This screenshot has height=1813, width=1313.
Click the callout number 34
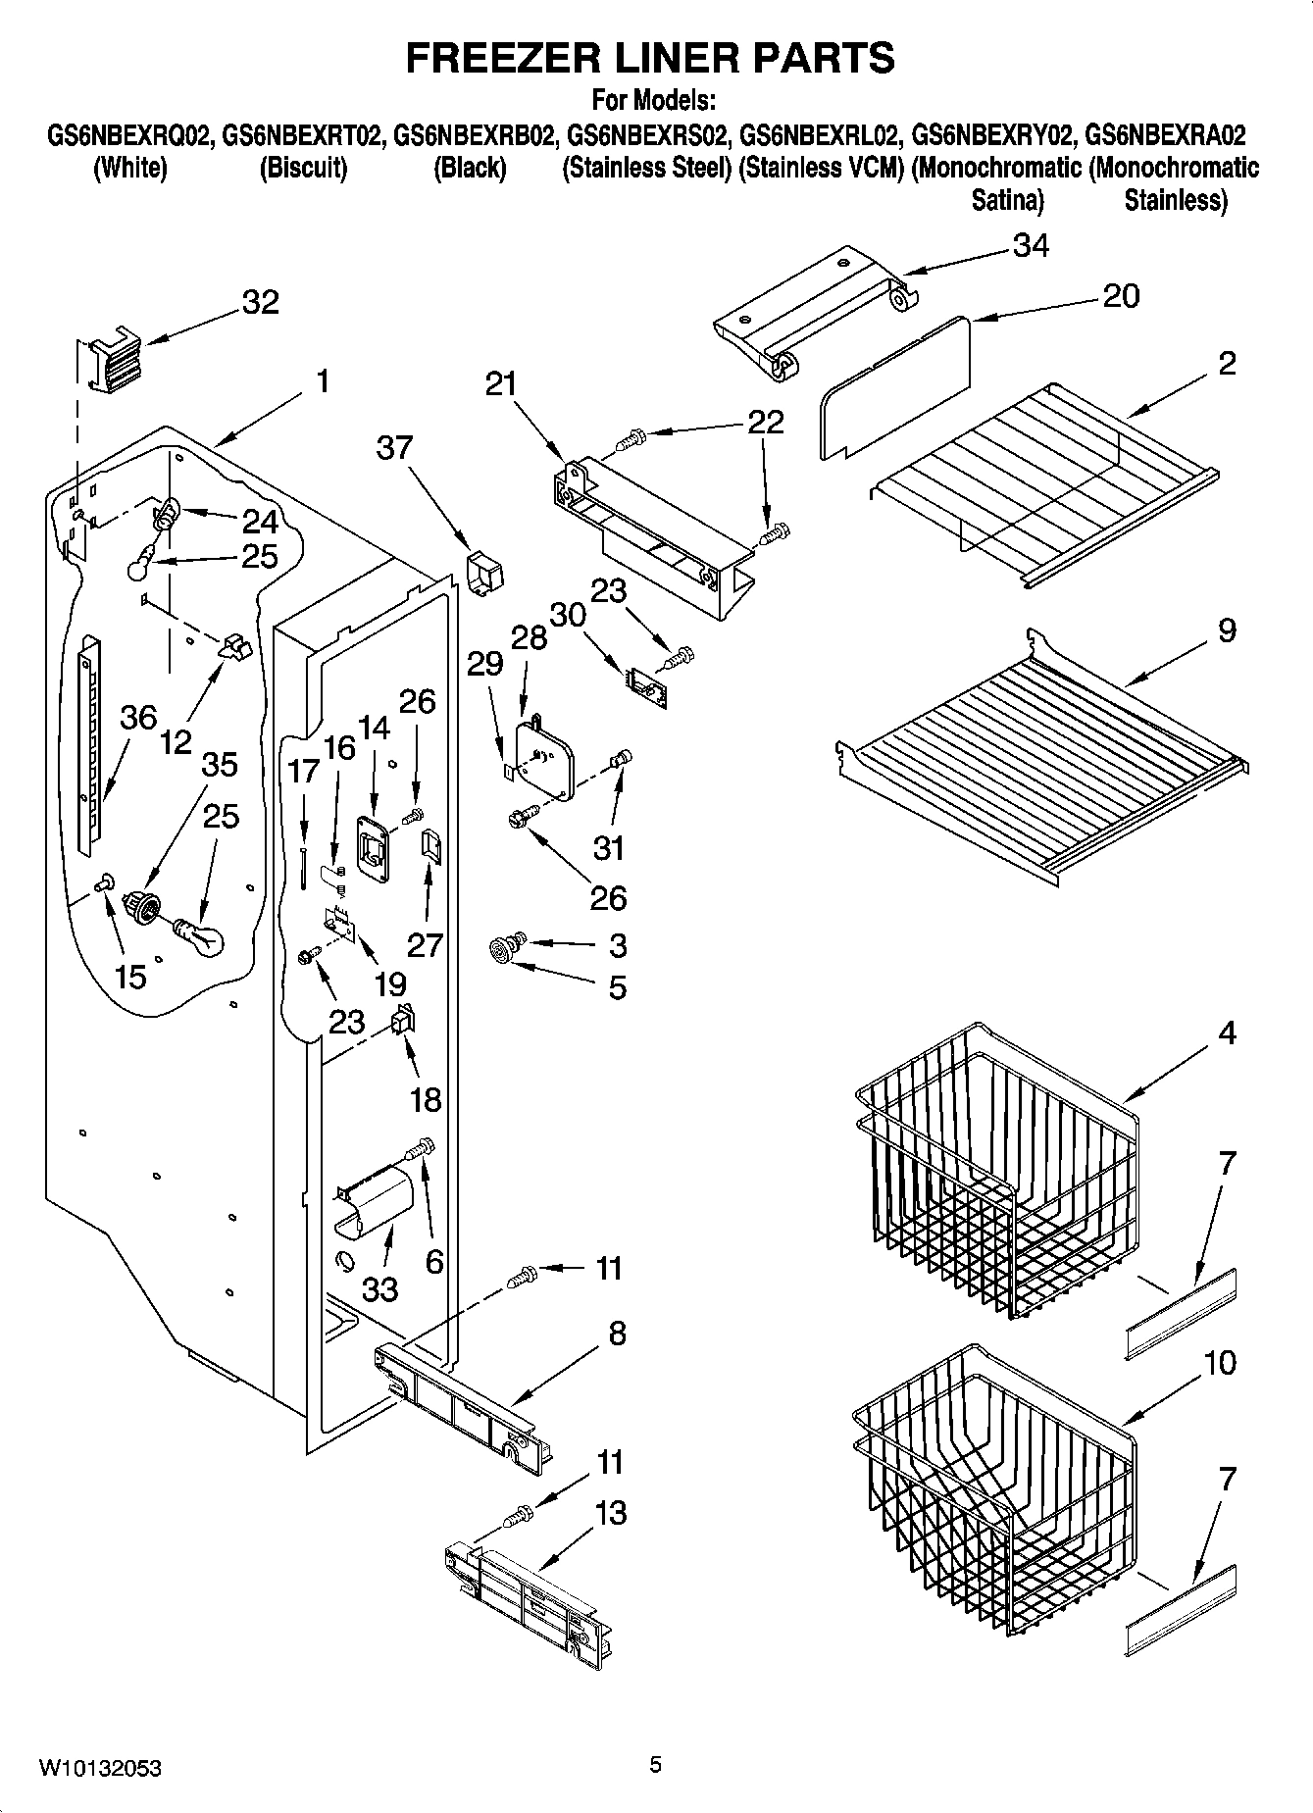(1030, 245)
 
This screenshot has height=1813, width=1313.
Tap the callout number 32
(260, 302)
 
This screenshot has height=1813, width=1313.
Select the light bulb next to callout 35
(200, 935)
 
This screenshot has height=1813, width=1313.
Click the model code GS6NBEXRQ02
(129, 134)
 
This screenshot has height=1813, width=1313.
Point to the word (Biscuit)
(303, 168)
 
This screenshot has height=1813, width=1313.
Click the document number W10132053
(100, 1768)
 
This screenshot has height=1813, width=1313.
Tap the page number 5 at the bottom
(655, 1765)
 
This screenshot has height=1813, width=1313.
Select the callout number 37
(395, 448)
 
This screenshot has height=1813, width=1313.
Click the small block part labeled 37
(482, 571)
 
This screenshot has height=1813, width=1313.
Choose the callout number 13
(610, 1513)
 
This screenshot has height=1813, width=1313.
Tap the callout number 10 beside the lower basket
(1219, 1363)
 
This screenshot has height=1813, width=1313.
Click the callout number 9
(1227, 630)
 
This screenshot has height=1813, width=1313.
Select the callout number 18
(426, 1099)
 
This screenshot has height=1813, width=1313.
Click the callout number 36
(138, 718)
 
